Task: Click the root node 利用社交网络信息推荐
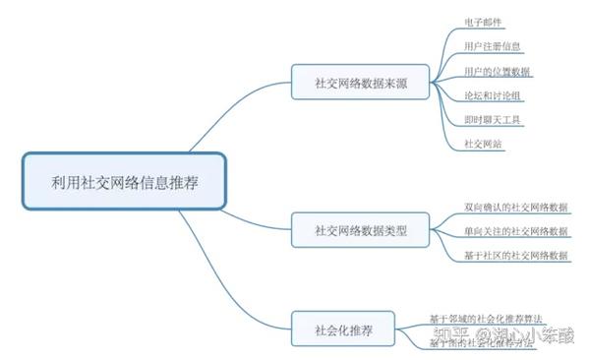click(124, 181)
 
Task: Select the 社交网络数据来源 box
click(361, 83)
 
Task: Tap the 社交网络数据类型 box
click(361, 231)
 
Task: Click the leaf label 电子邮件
click(484, 21)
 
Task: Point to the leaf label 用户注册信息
click(493, 46)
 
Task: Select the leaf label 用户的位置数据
click(498, 72)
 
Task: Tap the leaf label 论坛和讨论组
click(494, 95)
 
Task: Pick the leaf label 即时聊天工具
click(494, 119)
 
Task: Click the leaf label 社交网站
click(484, 144)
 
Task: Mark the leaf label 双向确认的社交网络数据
click(515, 208)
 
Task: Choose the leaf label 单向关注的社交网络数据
click(515, 231)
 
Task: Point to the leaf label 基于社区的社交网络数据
click(515, 255)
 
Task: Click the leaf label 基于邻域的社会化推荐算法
click(486, 318)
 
